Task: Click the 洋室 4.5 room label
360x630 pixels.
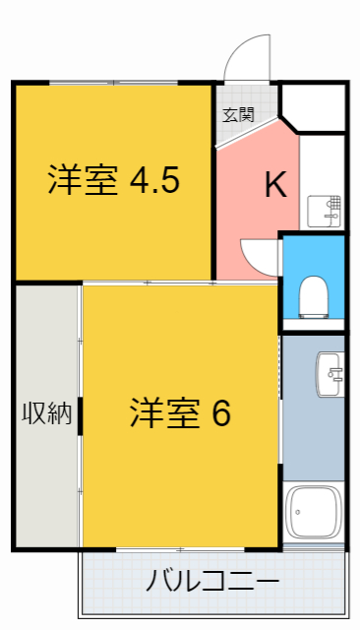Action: (114, 182)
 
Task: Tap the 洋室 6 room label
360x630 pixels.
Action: (180, 413)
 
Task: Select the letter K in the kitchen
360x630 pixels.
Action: (275, 184)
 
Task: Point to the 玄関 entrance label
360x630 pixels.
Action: (237, 114)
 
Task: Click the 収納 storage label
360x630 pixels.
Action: (47, 413)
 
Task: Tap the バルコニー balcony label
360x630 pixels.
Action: (212, 581)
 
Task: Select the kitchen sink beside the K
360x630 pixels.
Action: (326, 211)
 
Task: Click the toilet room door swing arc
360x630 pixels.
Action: (258, 258)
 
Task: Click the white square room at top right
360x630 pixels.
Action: (314, 107)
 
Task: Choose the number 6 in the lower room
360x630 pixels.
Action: (220, 413)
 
